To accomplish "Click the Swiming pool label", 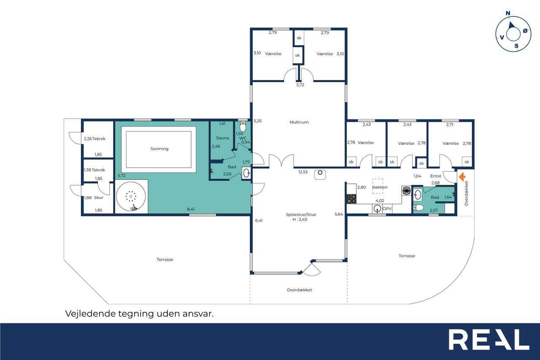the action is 159,149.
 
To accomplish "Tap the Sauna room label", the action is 222,138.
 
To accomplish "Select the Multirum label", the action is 299,122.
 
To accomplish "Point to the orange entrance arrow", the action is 462,177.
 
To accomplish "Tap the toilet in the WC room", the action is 243,126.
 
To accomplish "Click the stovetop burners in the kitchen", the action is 351,199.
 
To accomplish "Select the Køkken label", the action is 380,187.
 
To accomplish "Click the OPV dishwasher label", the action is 387,208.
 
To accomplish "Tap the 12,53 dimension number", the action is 303,172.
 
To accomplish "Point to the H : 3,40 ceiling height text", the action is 300,219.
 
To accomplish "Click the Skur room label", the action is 98,198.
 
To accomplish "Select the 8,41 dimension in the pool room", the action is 191,209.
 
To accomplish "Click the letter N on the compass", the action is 508,13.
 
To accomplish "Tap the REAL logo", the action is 489,339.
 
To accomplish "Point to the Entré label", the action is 436,176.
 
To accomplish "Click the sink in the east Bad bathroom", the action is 418,195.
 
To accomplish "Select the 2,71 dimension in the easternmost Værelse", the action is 450,125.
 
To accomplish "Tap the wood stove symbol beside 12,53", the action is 320,174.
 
